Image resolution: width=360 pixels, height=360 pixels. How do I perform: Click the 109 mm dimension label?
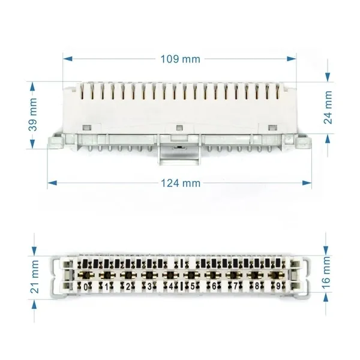pos(180,59)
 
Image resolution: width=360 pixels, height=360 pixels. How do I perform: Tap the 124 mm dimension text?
pos(181,183)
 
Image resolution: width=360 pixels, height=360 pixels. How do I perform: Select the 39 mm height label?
pos(33,115)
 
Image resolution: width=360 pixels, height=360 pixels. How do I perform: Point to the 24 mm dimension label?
pos(328,107)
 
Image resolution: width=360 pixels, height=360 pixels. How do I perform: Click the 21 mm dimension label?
pos(35,277)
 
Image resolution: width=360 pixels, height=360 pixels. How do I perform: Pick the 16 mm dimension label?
pos(326,272)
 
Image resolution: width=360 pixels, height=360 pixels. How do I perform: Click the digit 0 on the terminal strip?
pos(86,287)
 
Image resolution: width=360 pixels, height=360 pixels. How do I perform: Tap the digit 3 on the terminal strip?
pos(149,287)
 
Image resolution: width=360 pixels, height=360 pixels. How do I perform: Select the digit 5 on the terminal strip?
pos(193,286)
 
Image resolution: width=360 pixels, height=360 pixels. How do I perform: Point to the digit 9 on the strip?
pos(278,286)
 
